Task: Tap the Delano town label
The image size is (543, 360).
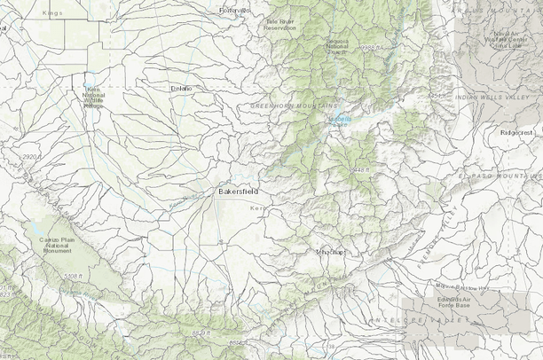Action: pos(181,88)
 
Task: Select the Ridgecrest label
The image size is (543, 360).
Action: pos(517,131)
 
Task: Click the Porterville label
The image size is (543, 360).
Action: pos(237,10)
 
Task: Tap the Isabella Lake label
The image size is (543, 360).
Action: pos(339,121)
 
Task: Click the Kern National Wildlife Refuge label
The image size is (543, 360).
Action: pos(93,97)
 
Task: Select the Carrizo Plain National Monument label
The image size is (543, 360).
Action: pos(55,245)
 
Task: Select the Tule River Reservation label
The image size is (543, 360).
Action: pos(279,24)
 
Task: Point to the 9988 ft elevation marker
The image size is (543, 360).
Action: pos(372,48)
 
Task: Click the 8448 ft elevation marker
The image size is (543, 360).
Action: pos(359,168)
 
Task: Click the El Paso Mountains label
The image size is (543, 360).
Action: pos(501,176)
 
